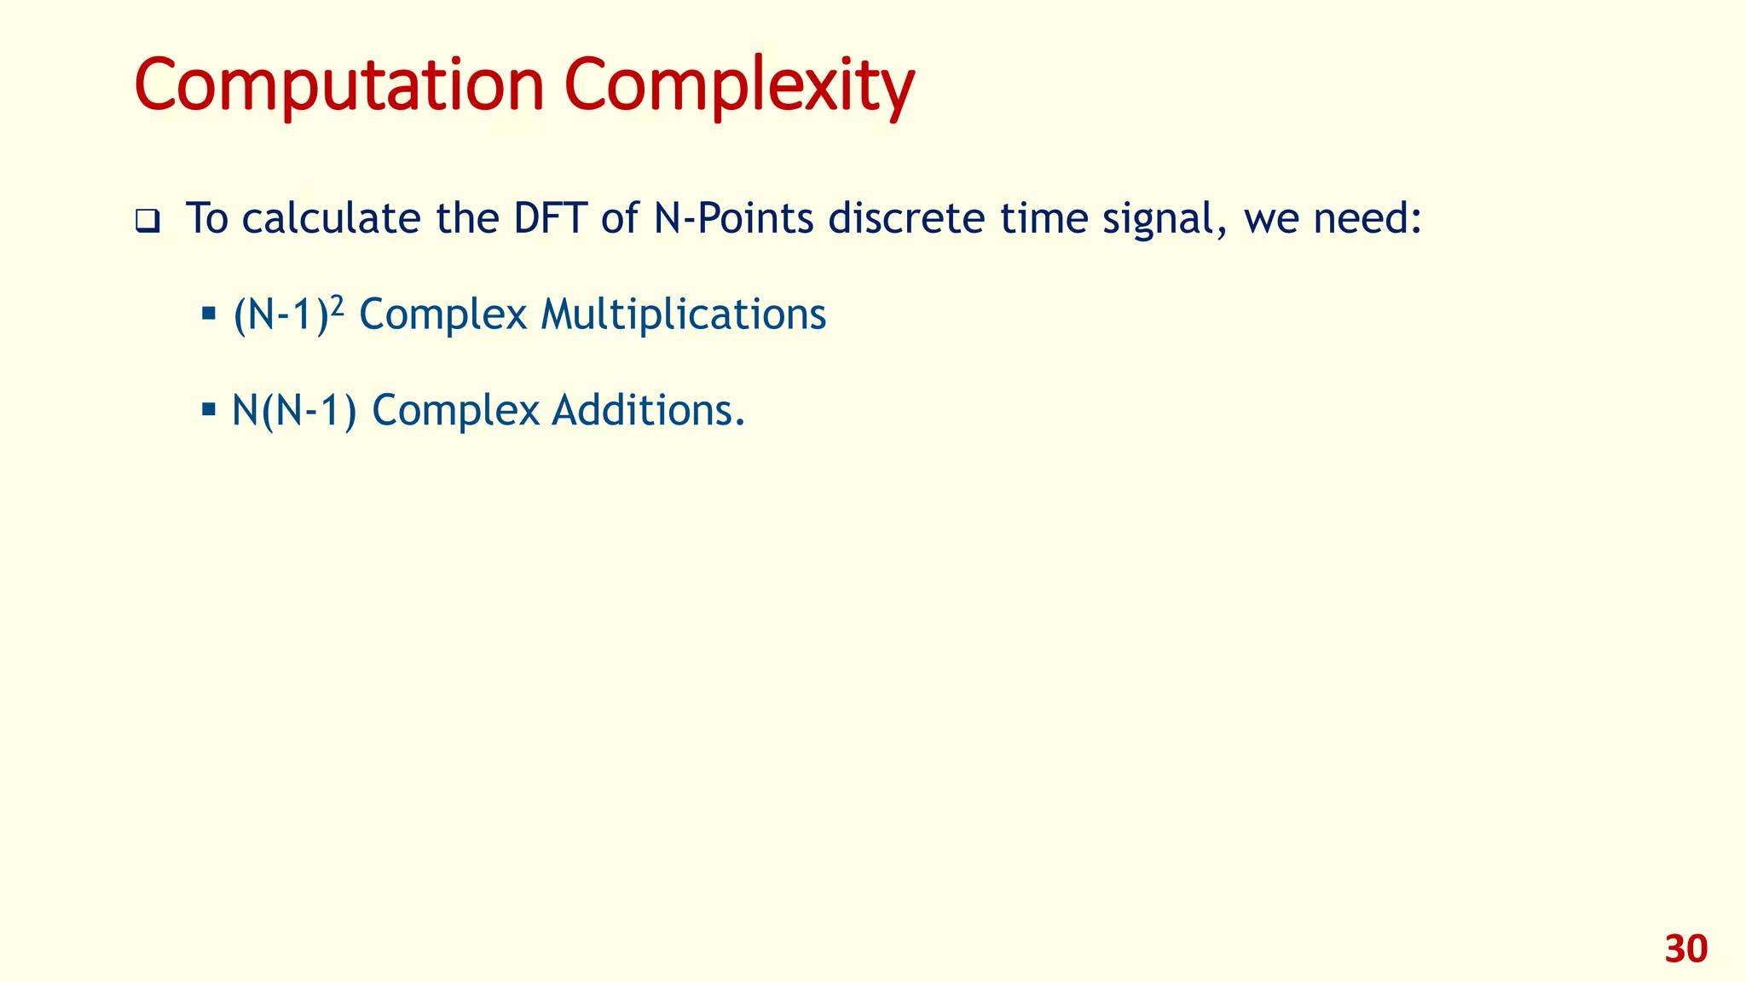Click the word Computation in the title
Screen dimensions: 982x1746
[x=338, y=85]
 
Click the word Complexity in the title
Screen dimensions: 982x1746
[x=738, y=85]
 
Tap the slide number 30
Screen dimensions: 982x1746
[x=1685, y=950]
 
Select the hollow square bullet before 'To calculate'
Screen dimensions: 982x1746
[x=147, y=222]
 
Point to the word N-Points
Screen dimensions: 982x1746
[x=734, y=218]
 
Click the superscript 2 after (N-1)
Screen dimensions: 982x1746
[x=337, y=305]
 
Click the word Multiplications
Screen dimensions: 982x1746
[x=683, y=315]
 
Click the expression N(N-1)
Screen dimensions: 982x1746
[x=294, y=411]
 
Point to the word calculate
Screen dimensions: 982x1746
[x=331, y=218]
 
